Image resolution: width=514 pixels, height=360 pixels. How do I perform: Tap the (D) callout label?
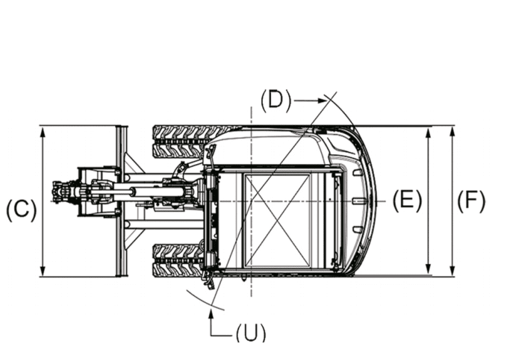[276, 101]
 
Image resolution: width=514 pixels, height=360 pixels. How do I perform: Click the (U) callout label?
[250, 332]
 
